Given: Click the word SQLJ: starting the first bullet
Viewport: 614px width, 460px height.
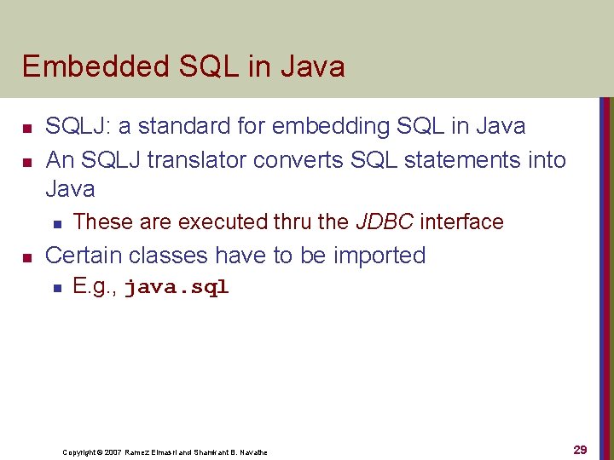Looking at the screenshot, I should point(78,127).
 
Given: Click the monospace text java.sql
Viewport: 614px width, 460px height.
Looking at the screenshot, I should point(177,288).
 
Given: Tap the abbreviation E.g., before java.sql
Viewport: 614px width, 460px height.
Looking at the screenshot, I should point(96,287).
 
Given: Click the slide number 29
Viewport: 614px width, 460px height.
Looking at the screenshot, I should point(580,450).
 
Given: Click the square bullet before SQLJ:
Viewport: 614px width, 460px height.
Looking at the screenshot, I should point(27,129).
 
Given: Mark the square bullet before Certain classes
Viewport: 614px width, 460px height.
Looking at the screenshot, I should point(27,257).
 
